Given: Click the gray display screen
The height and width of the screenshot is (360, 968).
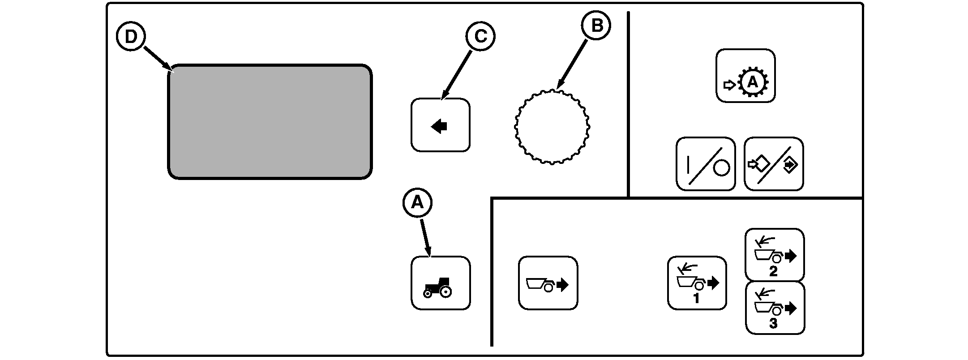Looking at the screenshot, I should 270,122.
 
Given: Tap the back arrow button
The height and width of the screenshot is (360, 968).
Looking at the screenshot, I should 440,125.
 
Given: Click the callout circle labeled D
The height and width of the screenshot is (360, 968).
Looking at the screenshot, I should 131,37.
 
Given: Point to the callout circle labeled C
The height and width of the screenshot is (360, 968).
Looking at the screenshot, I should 480,37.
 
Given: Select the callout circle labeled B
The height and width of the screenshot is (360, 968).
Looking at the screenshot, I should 596,26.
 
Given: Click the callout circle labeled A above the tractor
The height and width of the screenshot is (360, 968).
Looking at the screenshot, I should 417,203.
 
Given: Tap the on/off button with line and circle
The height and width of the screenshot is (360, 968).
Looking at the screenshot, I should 705,164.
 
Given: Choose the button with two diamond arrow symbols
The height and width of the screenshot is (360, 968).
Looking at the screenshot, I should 774,164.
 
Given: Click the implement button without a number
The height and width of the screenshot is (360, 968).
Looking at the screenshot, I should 548,283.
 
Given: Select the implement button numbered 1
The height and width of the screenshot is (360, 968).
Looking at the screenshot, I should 697,283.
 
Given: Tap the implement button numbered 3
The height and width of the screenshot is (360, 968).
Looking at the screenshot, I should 775,308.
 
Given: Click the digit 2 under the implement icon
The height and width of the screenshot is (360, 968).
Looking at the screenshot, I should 773,271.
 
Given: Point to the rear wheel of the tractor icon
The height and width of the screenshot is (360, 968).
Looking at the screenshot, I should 445,292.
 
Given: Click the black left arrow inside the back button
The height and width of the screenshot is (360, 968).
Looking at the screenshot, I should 439,127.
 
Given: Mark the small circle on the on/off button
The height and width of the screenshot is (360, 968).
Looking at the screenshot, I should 721,168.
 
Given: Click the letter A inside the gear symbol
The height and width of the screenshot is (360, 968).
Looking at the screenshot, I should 753,82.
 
